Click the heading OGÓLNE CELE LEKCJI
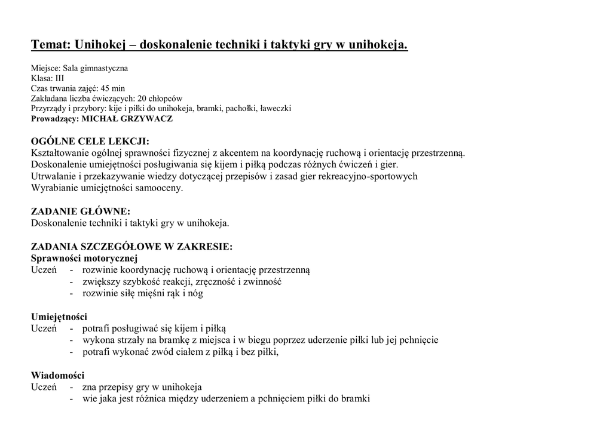(x=90, y=142)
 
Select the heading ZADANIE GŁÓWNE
(x=80, y=211)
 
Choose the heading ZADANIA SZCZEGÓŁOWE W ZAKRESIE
(x=131, y=247)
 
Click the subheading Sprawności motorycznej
(x=84, y=258)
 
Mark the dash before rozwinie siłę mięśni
(x=72, y=293)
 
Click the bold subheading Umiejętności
(x=59, y=317)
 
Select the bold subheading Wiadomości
(x=57, y=375)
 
